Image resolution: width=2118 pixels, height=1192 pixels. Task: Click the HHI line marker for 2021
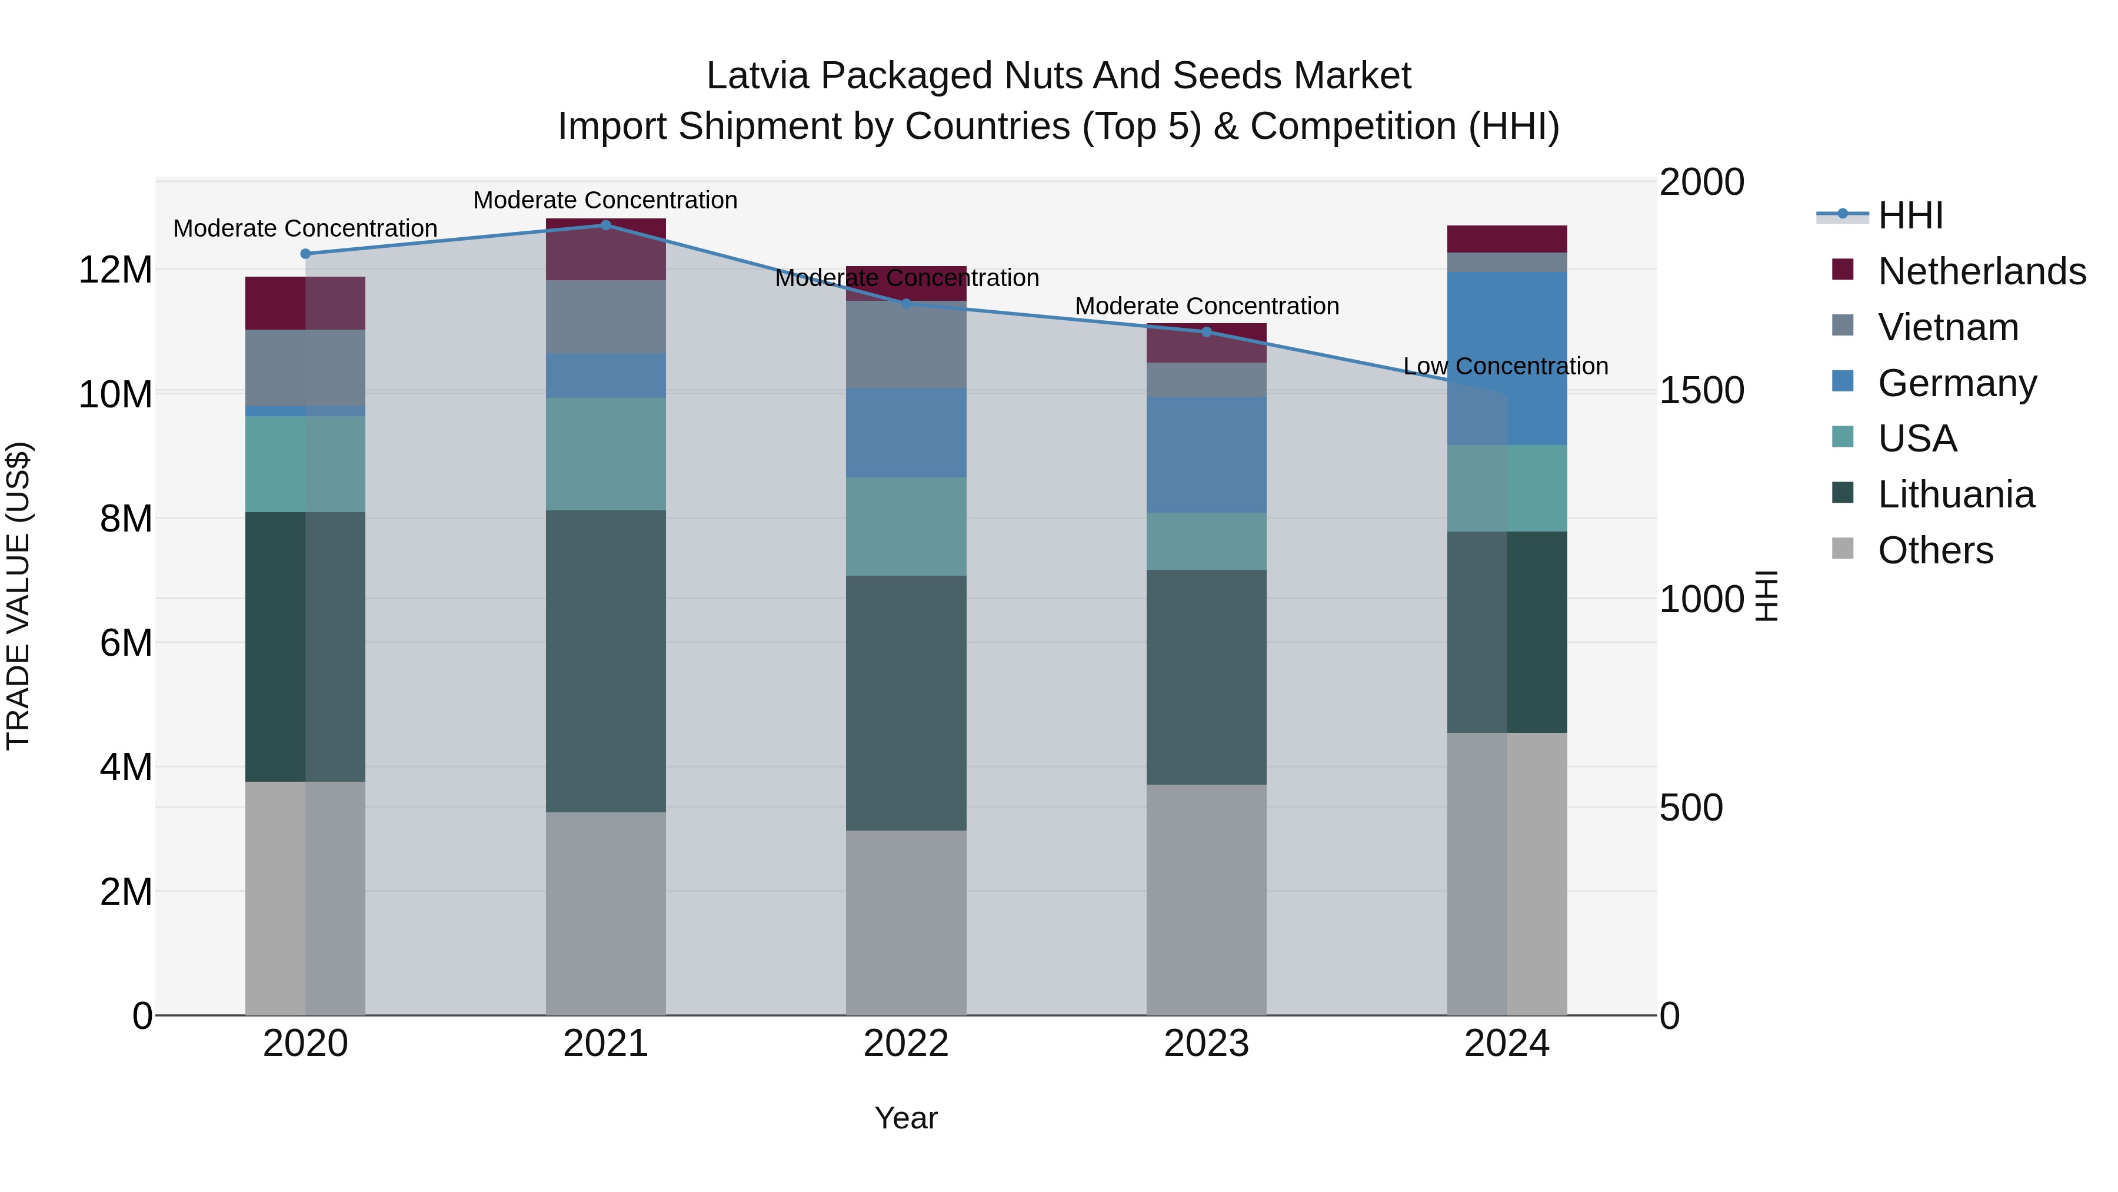[x=605, y=225]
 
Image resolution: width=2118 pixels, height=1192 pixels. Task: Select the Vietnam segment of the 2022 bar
[x=906, y=346]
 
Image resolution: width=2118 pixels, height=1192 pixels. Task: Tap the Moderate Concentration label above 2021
[x=605, y=200]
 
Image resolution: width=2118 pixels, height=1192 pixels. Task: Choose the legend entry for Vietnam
[x=1948, y=327]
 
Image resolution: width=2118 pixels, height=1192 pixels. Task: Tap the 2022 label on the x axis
[x=906, y=1044]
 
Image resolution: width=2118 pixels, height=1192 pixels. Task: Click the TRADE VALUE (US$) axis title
[x=18, y=596]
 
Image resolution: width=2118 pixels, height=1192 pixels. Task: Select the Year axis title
[x=906, y=1118]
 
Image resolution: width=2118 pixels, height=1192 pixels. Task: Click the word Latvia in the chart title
[x=757, y=76]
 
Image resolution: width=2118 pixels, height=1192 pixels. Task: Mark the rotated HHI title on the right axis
[x=1766, y=596]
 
